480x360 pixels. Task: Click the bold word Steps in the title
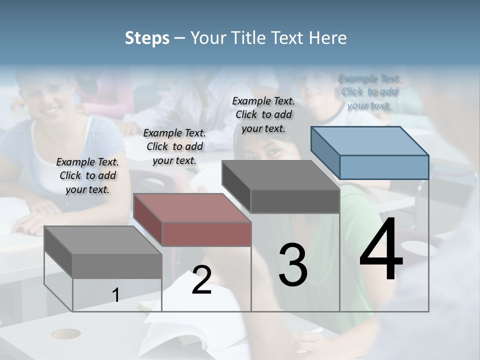click(x=147, y=38)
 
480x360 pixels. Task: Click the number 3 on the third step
click(x=292, y=265)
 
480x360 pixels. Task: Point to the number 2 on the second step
click(x=201, y=280)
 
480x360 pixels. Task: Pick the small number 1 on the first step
click(x=116, y=295)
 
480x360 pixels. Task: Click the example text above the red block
click(x=174, y=146)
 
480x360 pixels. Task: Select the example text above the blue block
click(x=369, y=91)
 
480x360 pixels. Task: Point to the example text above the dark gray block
click(x=263, y=114)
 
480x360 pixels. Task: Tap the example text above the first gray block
click(x=87, y=175)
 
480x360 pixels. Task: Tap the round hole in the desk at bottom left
click(x=66, y=333)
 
